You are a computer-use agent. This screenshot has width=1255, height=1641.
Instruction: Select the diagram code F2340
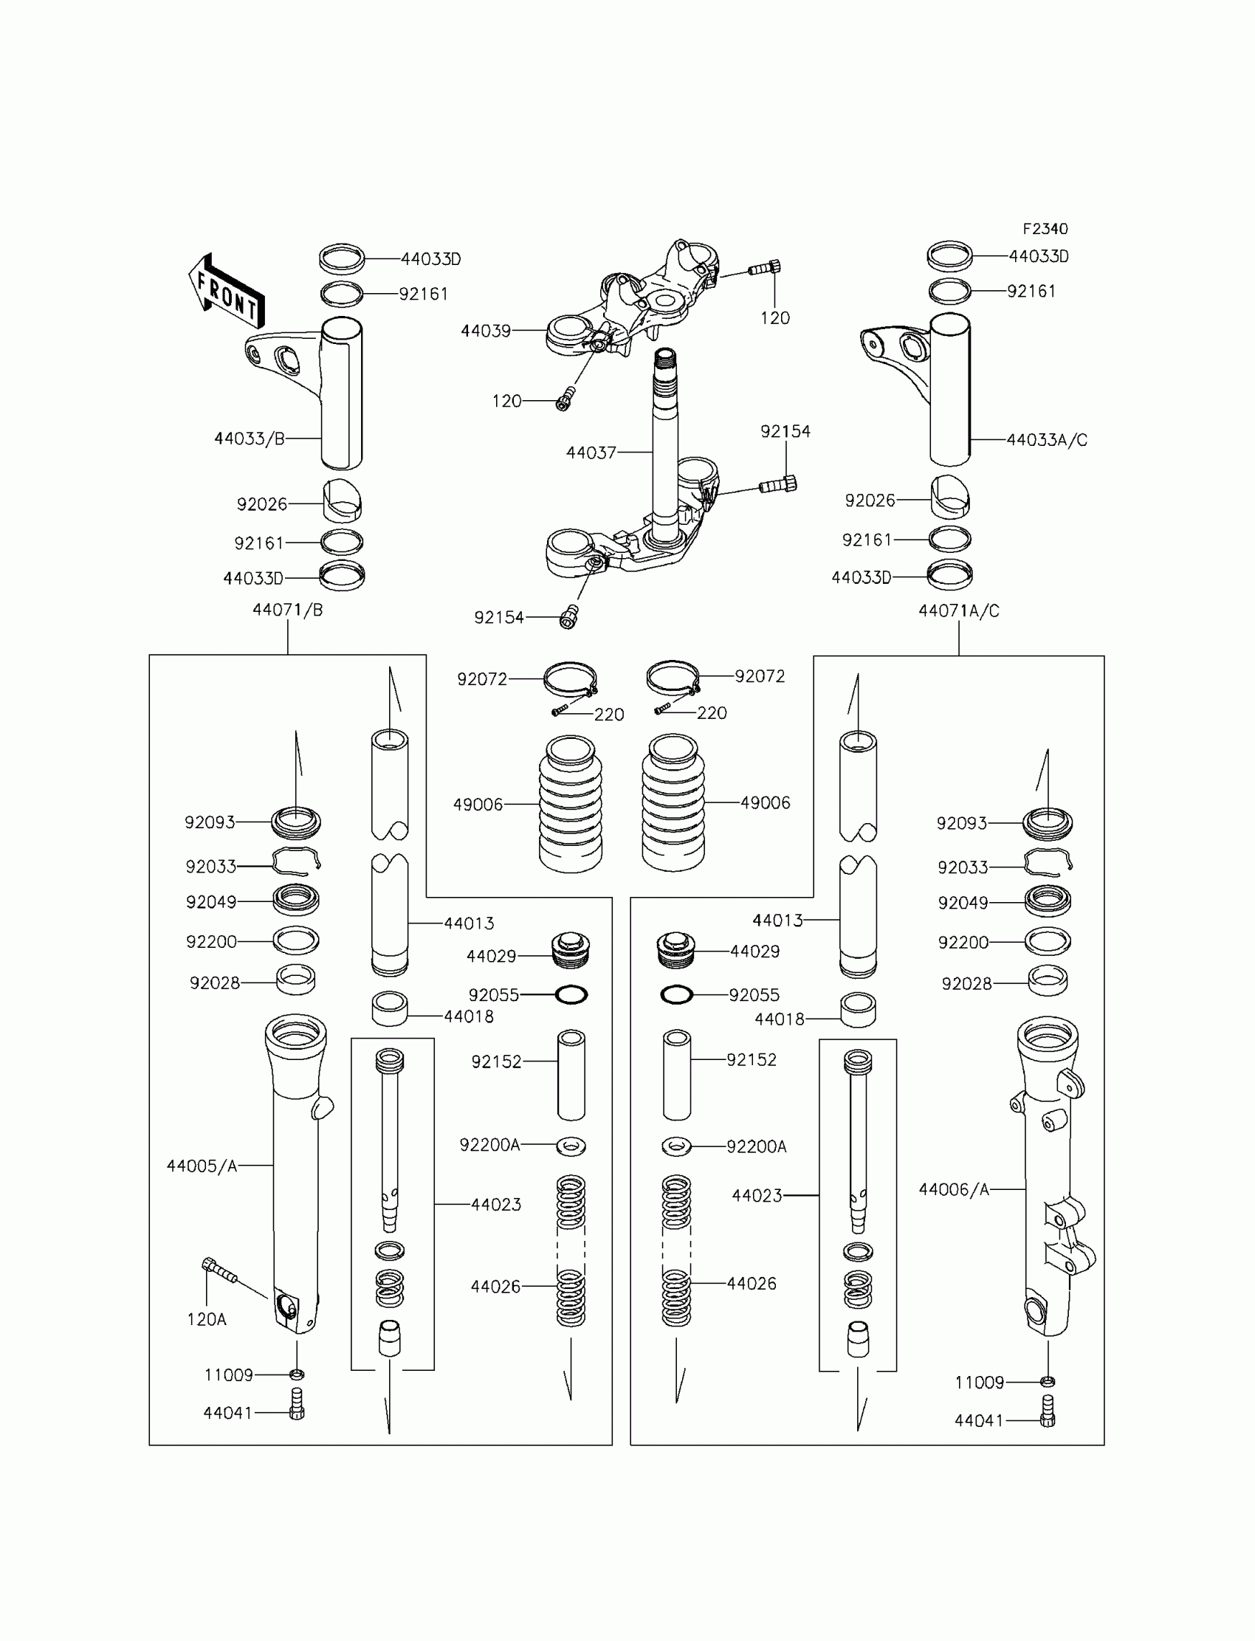click(1045, 229)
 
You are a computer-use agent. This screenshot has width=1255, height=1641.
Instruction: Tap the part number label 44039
click(486, 331)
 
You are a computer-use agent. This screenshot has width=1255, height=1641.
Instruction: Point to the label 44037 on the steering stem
click(591, 453)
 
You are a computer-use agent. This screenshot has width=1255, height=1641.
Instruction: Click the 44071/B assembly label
click(288, 610)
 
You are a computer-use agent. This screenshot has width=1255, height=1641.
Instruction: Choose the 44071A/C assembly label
click(958, 611)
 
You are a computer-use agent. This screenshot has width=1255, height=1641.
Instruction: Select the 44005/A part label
click(202, 1166)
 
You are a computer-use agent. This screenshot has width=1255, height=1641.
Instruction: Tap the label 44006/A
click(954, 1189)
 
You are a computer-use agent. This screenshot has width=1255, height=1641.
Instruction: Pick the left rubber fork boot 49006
click(571, 804)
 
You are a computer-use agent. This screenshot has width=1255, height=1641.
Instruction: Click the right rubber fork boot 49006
click(673, 802)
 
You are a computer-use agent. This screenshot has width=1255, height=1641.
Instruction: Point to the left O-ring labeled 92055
click(571, 995)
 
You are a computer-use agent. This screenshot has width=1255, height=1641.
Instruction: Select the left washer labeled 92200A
click(571, 1145)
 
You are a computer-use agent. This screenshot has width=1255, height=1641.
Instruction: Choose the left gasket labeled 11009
click(297, 1374)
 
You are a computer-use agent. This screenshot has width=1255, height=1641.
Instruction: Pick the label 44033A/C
click(1047, 440)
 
